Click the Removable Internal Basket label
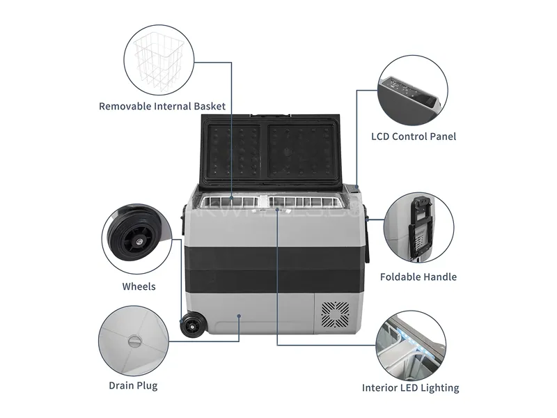click(x=162, y=107)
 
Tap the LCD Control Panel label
click(x=414, y=137)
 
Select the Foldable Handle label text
click(x=418, y=277)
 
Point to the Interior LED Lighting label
click(x=410, y=388)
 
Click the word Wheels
click(x=139, y=286)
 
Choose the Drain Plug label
click(x=133, y=385)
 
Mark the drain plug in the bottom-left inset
click(x=134, y=341)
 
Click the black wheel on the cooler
click(x=190, y=327)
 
